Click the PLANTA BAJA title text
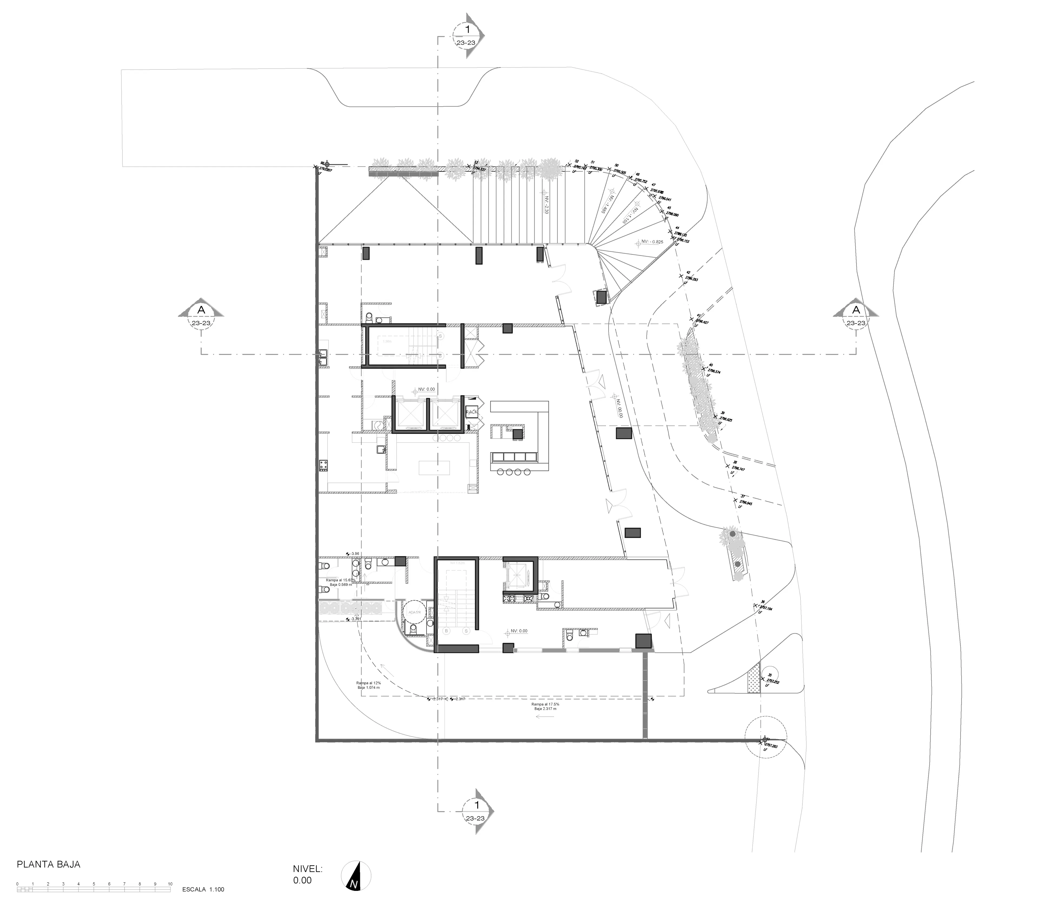(49, 864)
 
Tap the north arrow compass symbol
(356, 876)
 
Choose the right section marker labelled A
(856, 316)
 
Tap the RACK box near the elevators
(472, 412)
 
